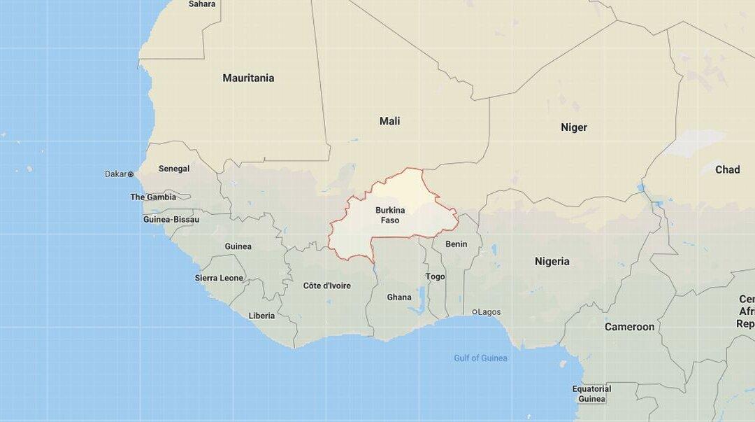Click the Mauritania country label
tap(248, 78)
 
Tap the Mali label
tap(389, 122)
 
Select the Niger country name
tap(574, 127)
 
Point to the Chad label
tap(727, 169)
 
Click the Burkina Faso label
tap(390, 216)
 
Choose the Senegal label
tap(174, 169)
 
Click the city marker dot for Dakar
tap(131, 174)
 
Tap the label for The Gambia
tap(153, 197)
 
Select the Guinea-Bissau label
tap(171, 220)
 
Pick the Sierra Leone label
tap(219, 278)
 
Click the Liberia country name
tap(261, 316)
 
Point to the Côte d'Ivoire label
tap(327, 286)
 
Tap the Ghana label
tap(399, 297)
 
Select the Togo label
tap(435, 276)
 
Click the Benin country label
tap(456, 244)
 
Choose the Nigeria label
tap(552, 262)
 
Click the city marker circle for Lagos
tap(475, 312)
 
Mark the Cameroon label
tap(629, 327)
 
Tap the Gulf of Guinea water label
tap(480, 358)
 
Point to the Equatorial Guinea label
tap(591, 394)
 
